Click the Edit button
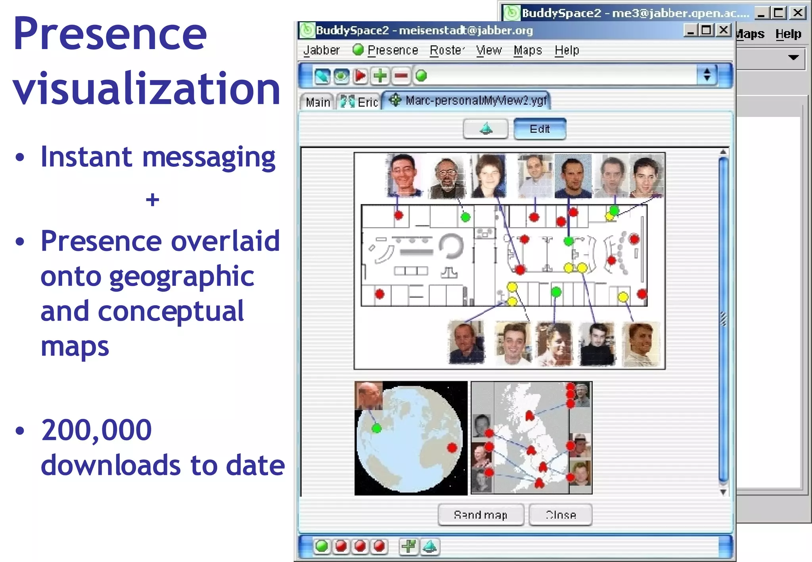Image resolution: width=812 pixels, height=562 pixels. click(x=540, y=129)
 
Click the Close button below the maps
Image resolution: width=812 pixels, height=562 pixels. click(x=561, y=515)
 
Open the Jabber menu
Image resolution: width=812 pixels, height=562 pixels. click(x=321, y=50)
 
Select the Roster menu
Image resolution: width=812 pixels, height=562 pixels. click(x=447, y=50)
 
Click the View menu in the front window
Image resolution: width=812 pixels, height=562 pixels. click(x=489, y=50)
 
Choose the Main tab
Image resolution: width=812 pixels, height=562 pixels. click(x=318, y=102)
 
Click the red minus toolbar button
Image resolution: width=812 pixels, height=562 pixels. click(x=401, y=76)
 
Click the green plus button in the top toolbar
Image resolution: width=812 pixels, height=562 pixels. click(x=381, y=76)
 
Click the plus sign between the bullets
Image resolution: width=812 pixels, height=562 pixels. click(x=153, y=200)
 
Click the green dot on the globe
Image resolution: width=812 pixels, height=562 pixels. click(x=377, y=428)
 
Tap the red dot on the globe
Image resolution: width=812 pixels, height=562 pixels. click(x=452, y=448)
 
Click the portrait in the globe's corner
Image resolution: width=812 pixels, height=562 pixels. click(x=369, y=395)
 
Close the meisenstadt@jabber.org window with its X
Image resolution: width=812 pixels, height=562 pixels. click(x=724, y=30)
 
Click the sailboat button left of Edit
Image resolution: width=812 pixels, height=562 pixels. click(x=486, y=129)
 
